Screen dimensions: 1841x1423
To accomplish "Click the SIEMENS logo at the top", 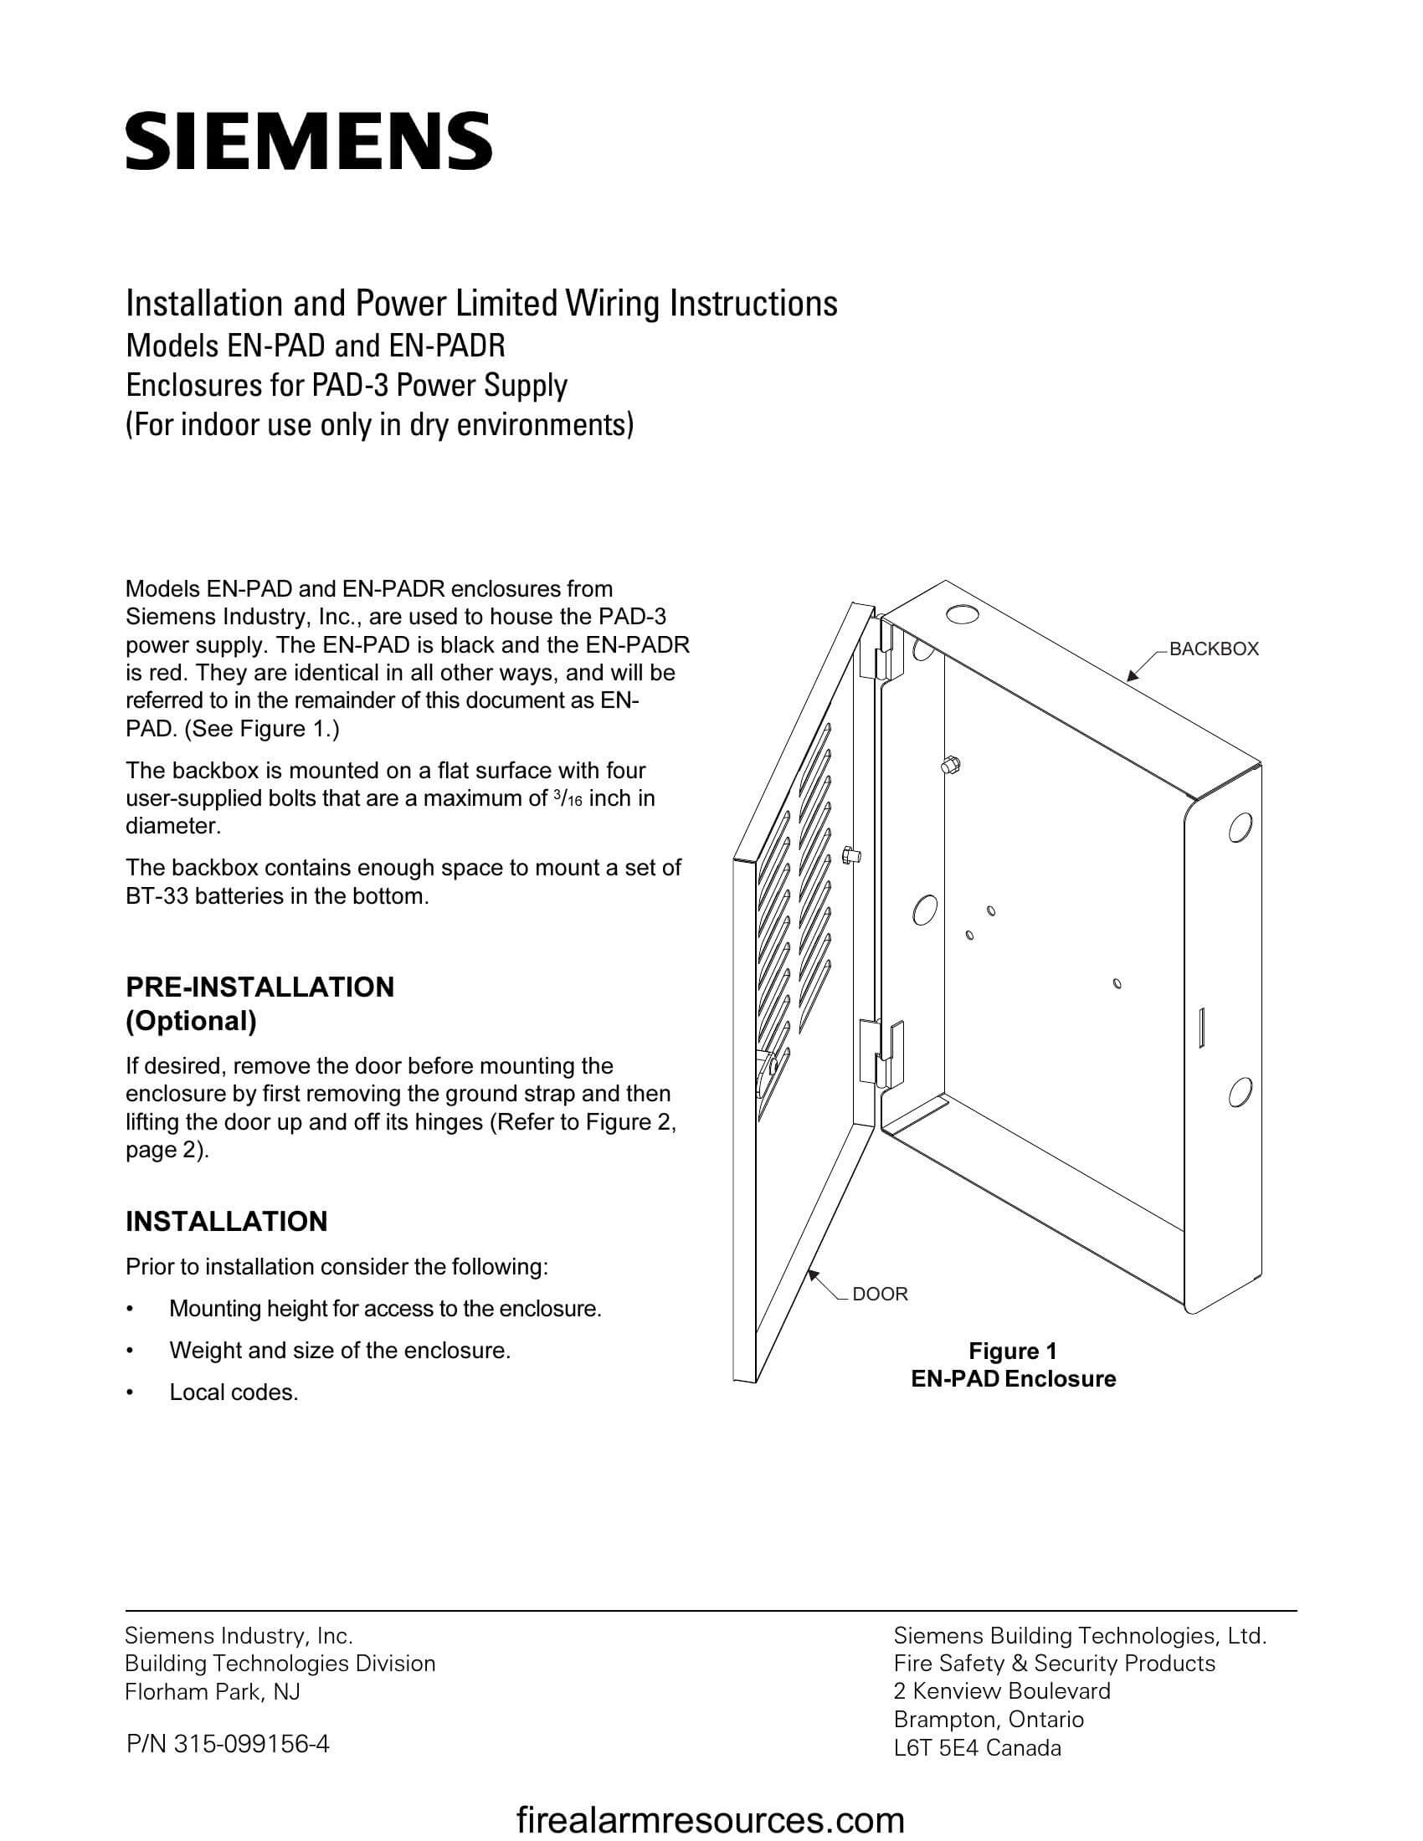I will click(x=309, y=141).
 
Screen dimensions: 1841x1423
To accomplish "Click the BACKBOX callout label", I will click(x=1213, y=649).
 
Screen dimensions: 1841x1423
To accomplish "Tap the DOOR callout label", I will click(x=879, y=1294).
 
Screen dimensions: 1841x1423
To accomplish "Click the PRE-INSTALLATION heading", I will click(x=259, y=987).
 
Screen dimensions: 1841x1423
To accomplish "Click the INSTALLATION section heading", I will click(x=226, y=1222).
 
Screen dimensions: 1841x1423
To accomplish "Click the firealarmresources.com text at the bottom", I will click(x=710, y=1820).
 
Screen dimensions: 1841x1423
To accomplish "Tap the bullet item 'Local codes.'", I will click(x=234, y=1392).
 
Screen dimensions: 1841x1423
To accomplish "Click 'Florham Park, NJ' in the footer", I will click(x=213, y=1692).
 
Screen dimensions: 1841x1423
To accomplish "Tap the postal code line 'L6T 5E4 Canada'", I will click(x=977, y=1747).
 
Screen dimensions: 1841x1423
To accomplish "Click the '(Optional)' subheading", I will click(x=192, y=1021).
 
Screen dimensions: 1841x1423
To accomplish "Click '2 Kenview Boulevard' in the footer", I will click(x=1001, y=1691).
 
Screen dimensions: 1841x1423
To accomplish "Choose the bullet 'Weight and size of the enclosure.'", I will click(x=340, y=1351).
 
